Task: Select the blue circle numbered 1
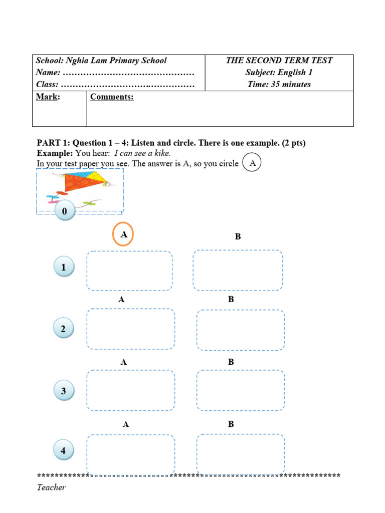(64, 268)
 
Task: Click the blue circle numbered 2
(64, 329)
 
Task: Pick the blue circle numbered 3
(64, 391)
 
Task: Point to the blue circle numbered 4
(64, 451)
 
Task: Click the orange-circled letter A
(123, 234)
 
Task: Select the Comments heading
(112, 97)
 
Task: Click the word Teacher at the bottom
(51, 487)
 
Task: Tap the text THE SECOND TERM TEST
(279, 61)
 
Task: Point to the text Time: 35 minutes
(279, 84)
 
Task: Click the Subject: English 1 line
(279, 72)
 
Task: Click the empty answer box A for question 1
(129, 271)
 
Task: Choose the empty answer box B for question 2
(241, 330)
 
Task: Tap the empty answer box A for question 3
(131, 390)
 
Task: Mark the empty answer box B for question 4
(241, 454)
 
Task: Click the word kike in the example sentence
(162, 153)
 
